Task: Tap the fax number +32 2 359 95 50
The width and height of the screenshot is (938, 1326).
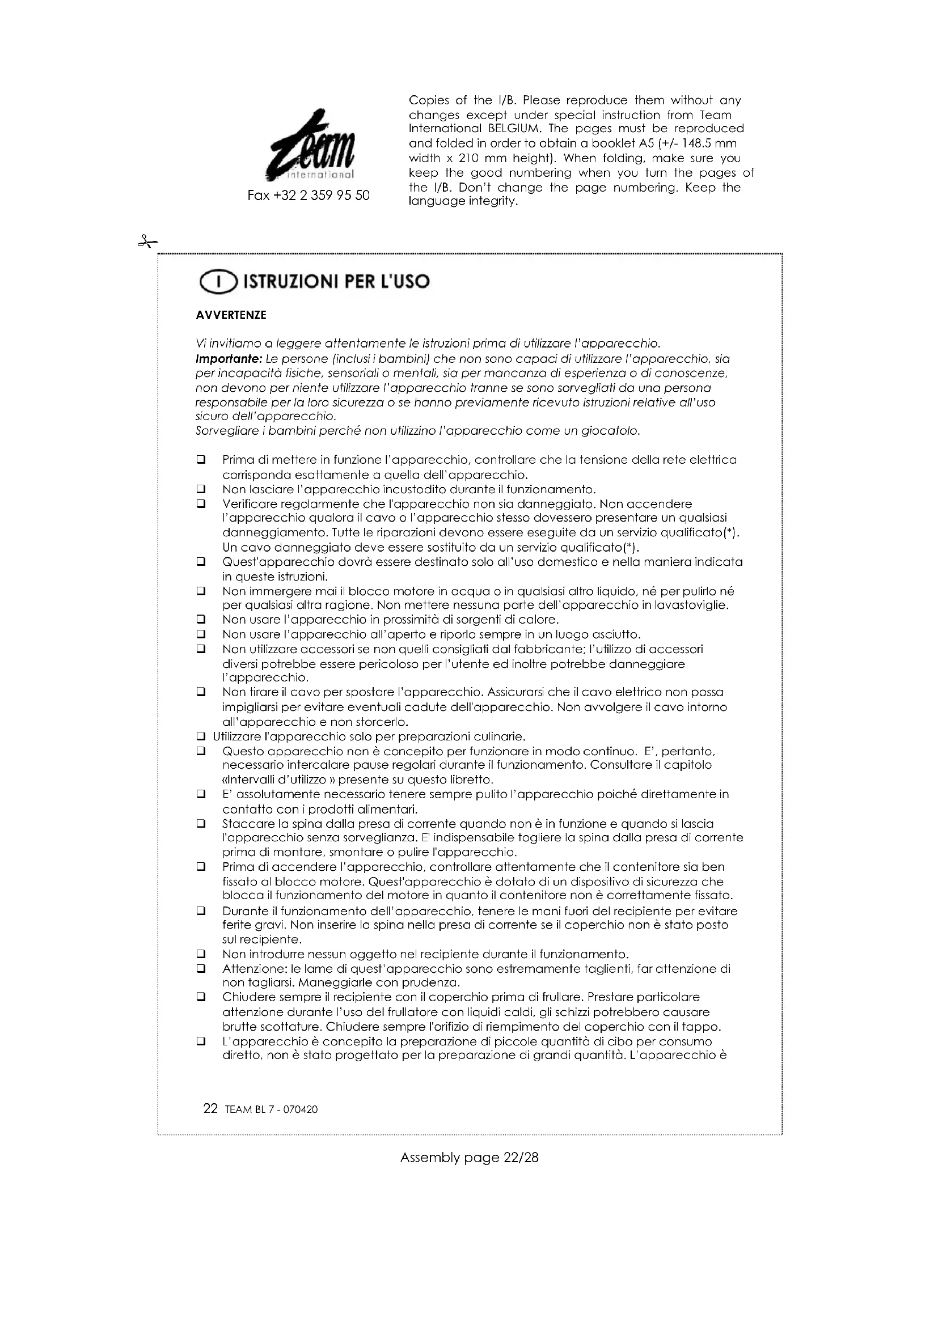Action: (309, 196)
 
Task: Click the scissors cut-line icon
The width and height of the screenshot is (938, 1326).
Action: (147, 242)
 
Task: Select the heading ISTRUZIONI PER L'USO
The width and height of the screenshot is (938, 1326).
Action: (337, 282)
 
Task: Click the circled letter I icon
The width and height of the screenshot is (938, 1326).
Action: (218, 282)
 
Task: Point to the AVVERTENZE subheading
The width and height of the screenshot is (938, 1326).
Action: (231, 315)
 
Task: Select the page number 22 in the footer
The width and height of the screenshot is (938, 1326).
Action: (210, 1108)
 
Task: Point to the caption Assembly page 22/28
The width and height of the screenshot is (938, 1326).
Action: (469, 1158)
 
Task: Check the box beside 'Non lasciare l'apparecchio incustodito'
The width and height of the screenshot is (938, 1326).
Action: (201, 489)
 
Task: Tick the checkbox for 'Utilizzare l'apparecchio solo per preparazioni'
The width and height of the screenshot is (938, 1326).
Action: (201, 736)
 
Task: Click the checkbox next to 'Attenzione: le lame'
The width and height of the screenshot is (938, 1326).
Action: (201, 968)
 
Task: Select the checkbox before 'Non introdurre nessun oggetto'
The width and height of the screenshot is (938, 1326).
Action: (201, 954)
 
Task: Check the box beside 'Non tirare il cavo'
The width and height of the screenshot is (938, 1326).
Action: (201, 691)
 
